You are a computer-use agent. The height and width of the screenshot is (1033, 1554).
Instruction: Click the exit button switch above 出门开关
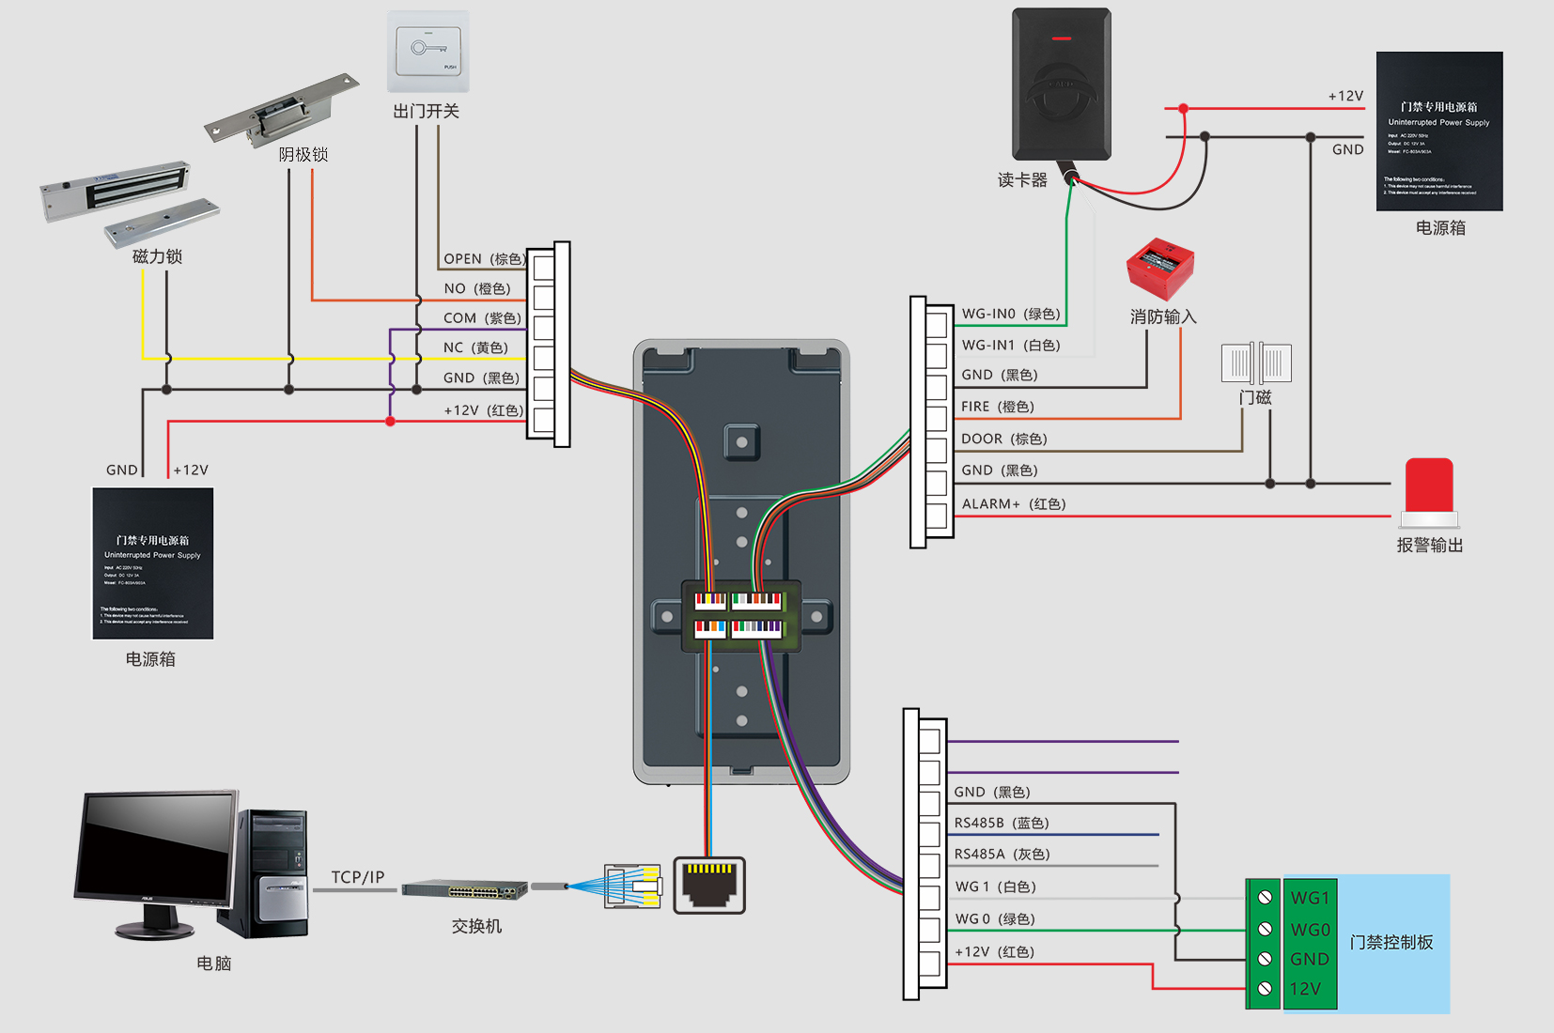click(428, 51)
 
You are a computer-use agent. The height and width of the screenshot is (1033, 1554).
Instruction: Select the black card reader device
click(1062, 85)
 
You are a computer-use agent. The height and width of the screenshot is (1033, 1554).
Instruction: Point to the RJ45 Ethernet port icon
click(709, 885)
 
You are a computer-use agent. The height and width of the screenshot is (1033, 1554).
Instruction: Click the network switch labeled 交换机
click(465, 889)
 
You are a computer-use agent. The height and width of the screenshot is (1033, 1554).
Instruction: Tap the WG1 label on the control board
click(1310, 898)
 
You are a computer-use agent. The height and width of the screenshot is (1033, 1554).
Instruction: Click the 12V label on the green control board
click(1305, 989)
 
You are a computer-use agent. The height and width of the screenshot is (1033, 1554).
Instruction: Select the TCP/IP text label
click(358, 877)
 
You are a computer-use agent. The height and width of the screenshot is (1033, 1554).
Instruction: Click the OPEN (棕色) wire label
click(483, 259)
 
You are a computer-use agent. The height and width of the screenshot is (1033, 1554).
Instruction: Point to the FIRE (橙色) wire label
click(997, 407)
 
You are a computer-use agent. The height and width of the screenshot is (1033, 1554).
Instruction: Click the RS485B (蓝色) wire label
click(1002, 824)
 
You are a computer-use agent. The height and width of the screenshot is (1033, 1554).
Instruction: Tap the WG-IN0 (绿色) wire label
click(1011, 314)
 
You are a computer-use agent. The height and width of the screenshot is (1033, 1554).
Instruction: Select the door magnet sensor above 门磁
click(1256, 363)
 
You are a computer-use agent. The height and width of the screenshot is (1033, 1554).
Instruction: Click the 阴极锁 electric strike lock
click(281, 111)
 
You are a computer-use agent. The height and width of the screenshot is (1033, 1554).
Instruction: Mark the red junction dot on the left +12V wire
click(390, 422)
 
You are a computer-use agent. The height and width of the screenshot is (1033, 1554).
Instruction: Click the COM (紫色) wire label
click(482, 318)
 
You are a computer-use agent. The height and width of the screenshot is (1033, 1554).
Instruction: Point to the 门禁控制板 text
click(1391, 942)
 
